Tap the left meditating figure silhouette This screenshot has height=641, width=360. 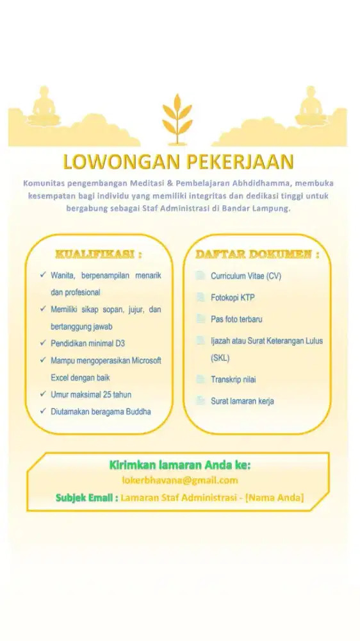point(44,108)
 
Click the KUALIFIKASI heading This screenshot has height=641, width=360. point(98,254)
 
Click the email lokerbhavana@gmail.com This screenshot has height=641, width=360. point(180,480)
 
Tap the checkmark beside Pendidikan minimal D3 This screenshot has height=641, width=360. point(42,344)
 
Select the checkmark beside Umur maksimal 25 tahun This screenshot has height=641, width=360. point(42,394)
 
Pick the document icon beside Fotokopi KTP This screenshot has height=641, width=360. point(199,297)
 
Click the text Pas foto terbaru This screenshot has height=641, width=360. point(236,319)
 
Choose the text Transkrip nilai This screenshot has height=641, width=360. point(233,379)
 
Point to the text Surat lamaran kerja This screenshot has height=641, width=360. point(242,401)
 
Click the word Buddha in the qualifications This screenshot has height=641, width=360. point(138,412)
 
